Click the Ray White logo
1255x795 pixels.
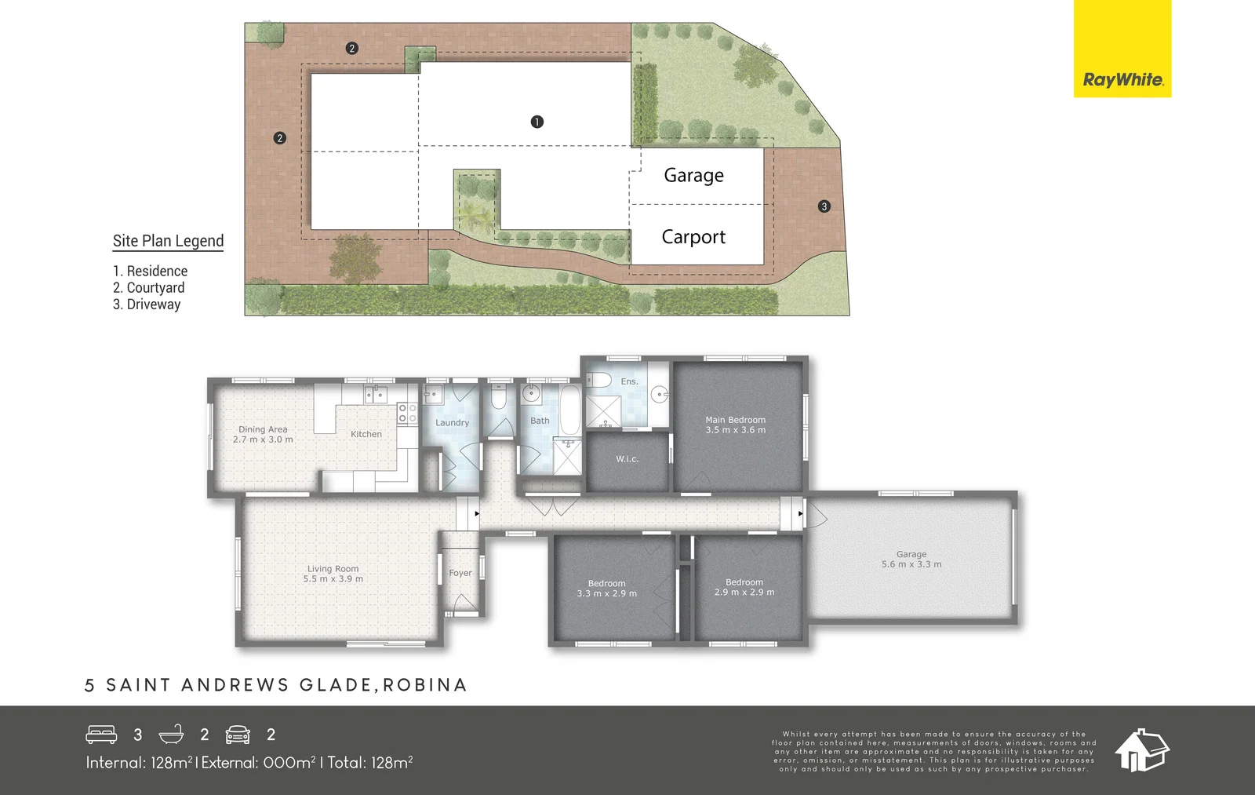(x=1122, y=79)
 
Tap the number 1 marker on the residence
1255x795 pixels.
(x=537, y=122)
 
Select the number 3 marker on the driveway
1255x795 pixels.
(x=824, y=206)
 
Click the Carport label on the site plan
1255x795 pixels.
(x=693, y=237)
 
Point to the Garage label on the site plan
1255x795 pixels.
(x=693, y=175)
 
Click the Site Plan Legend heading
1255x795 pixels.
(x=168, y=241)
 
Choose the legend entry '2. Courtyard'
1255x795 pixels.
(x=149, y=288)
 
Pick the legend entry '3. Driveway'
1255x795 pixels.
(x=147, y=305)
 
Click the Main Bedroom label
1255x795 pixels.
(x=735, y=420)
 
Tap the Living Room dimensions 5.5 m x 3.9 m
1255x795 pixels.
(x=333, y=579)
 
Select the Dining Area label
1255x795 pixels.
(x=263, y=429)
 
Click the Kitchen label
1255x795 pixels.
(x=366, y=434)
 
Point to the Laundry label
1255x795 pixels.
(x=453, y=423)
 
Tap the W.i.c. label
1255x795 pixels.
(x=627, y=459)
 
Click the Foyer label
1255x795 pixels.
(x=460, y=573)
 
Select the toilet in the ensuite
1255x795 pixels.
(x=600, y=381)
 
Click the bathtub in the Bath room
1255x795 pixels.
(x=570, y=410)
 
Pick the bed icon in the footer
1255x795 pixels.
(x=101, y=735)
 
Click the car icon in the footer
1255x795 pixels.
(x=238, y=735)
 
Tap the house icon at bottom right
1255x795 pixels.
(x=1142, y=749)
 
